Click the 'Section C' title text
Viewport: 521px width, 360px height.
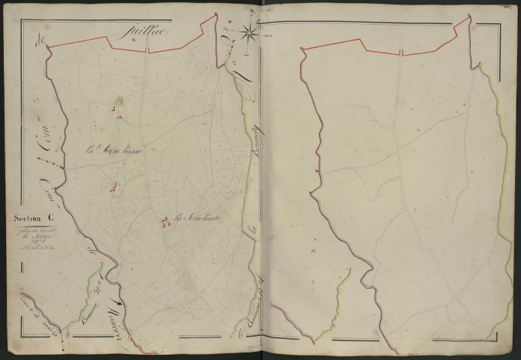click(32, 218)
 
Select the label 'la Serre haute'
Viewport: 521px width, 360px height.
click(201, 219)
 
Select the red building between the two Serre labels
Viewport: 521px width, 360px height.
click(113, 187)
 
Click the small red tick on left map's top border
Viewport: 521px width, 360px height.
click(147, 50)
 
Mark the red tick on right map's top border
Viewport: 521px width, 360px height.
click(401, 52)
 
